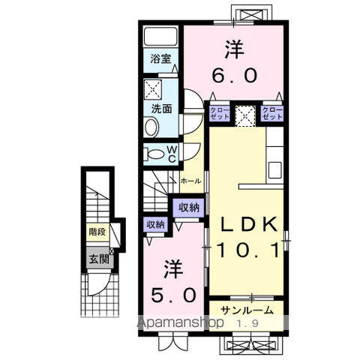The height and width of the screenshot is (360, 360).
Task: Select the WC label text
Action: [x=172, y=154]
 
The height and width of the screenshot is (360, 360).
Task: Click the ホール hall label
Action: [x=189, y=181]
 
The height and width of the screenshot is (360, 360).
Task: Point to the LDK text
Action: [x=248, y=223]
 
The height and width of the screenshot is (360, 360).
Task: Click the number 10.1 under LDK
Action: [x=248, y=250]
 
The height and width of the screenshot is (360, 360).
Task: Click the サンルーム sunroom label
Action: [x=246, y=309]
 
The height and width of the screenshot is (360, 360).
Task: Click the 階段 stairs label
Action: [x=97, y=232]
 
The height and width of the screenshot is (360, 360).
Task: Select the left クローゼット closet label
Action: [x=218, y=114]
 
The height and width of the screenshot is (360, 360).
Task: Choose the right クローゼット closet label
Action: [x=271, y=114]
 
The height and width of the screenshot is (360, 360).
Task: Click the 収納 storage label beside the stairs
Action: [x=189, y=207]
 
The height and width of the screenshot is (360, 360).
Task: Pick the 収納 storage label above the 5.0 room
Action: [x=155, y=223]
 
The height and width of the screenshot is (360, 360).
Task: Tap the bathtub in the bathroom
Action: [x=158, y=37]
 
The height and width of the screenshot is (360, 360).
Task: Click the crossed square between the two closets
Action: [x=245, y=115]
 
